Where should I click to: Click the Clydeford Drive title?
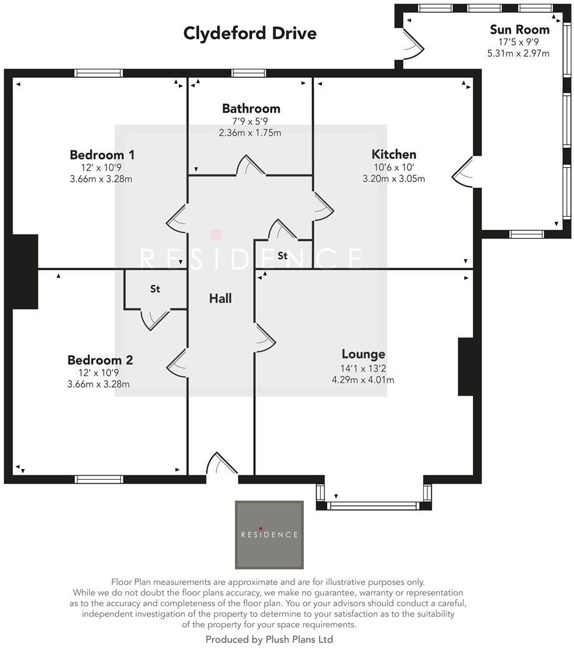click(250, 33)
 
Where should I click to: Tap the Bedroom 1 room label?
click(102, 155)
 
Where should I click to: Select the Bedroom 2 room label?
click(100, 360)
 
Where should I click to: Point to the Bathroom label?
click(251, 108)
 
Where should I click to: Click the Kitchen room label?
click(394, 155)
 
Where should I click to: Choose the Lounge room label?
click(363, 355)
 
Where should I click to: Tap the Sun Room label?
click(519, 29)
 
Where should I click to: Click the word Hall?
click(220, 298)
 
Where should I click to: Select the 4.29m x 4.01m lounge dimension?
click(363, 379)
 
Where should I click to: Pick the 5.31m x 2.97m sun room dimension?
click(518, 54)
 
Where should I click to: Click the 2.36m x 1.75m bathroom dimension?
click(250, 133)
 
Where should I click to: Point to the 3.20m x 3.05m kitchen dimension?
click(394, 179)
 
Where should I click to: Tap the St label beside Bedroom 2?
click(155, 289)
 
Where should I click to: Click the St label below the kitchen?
click(283, 256)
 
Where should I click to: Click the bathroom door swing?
click(253, 165)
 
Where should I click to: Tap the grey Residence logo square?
click(269, 535)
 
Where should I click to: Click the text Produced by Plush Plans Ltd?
click(269, 639)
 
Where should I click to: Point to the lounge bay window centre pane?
click(374, 506)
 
